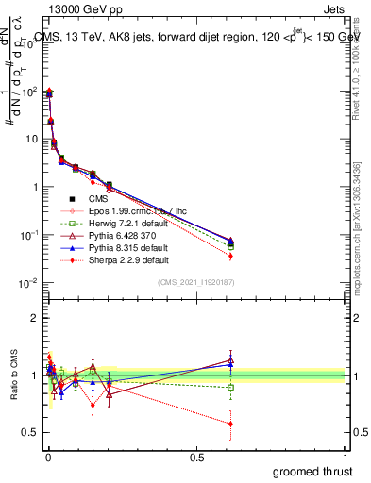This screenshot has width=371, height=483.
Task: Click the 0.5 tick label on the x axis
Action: pos(195,458)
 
